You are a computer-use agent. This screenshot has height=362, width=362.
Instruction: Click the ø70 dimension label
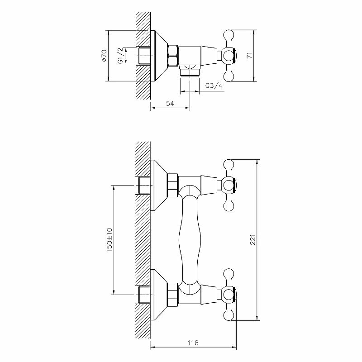click(x=104, y=56)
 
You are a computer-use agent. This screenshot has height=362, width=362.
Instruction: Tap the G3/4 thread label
click(x=214, y=86)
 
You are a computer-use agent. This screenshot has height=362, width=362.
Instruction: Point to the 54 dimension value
click(x=170, y=104)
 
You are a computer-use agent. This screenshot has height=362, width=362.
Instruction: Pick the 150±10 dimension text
click(x=109, y=239)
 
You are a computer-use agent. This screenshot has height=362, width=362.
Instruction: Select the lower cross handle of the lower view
click(x=229, y=294)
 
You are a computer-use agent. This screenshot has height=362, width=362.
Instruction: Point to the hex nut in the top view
click(x=173, y=56)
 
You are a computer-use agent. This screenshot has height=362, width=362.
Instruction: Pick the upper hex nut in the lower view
click(x=173, y=186)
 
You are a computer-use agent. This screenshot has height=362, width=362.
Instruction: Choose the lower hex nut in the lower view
click(x=173, y=294)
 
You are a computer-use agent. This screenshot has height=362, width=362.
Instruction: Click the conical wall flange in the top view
click(x=158, y=56)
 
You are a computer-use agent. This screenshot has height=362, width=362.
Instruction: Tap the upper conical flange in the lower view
click(x=158, y=186)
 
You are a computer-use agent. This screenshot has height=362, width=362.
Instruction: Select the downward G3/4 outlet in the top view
click(x=189, y=71)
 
